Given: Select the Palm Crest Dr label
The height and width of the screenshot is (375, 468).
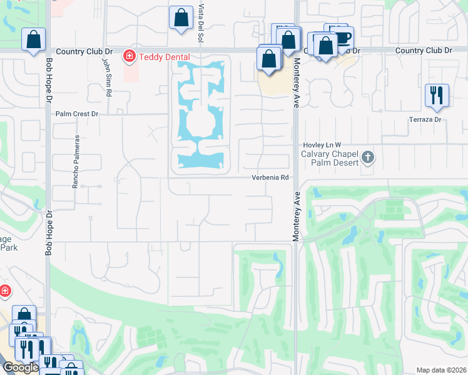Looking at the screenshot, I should tap(77, 114).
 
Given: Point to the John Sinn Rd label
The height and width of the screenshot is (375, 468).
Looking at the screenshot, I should tap(108, 76).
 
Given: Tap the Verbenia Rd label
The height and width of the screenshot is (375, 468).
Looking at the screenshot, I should tap(270, 177).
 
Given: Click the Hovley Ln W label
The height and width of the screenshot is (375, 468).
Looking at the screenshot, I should tap(322, 144).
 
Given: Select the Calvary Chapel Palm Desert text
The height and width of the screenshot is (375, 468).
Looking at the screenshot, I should tap(329, 158).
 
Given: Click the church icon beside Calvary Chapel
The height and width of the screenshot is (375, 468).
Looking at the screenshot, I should tap(369, 157).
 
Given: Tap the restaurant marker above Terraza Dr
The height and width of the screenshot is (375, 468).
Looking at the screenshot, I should tap(437, 94).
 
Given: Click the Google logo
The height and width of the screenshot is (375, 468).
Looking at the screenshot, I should tap(21, 367).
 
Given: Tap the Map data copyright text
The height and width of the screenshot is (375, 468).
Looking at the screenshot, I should tap(442, 370).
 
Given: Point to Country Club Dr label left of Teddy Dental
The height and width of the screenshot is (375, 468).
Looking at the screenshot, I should tap(84, 51).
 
